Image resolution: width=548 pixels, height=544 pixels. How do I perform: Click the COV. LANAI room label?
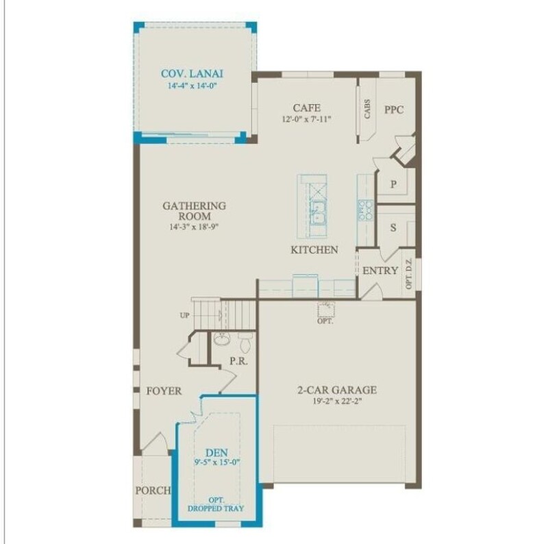192,74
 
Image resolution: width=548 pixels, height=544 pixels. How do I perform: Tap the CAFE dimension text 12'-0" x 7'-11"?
306,119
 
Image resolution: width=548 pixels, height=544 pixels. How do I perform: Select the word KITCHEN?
314,249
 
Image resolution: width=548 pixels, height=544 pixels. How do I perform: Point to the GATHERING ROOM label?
195,210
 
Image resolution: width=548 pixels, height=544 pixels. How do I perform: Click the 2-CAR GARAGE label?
337,390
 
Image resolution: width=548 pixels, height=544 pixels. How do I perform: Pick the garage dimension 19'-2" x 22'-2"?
337,401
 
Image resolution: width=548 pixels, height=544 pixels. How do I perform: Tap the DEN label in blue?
216,453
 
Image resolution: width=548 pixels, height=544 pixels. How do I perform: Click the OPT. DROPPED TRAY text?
216,504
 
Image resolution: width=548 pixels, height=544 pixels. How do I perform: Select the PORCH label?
153,490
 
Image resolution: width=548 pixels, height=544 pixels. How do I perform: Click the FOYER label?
164,391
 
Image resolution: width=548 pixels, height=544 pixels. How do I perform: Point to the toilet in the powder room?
246,342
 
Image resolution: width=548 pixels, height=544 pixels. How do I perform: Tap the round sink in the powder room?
221,338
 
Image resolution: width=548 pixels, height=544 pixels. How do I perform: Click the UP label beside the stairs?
184,315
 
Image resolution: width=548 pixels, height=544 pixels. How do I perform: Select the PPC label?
394,110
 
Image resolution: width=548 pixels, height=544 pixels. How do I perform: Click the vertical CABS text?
367,109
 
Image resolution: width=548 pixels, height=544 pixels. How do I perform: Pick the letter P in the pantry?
393,184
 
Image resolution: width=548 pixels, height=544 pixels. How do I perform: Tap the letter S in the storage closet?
393,227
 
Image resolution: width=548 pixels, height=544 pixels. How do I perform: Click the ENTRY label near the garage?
380,270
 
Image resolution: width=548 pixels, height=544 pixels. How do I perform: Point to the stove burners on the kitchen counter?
365,210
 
